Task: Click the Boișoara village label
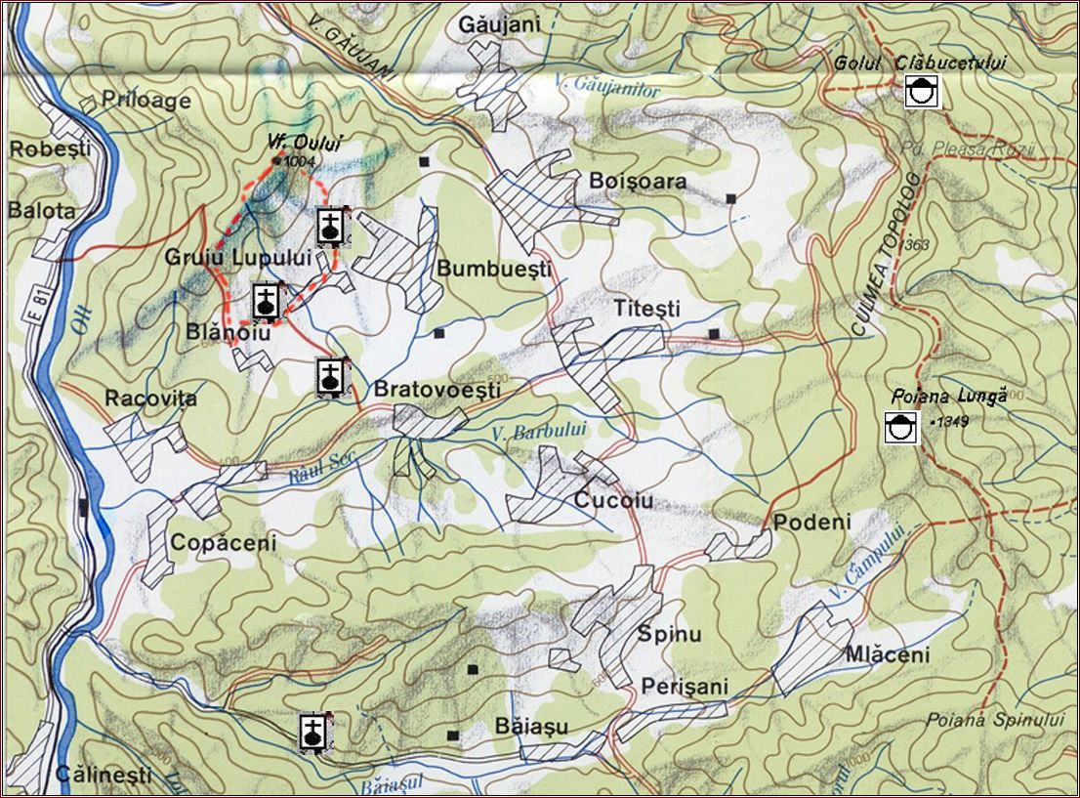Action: [638, 182]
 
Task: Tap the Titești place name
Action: [646, 308]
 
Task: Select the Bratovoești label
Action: [436, 390]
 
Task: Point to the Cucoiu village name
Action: [613, 501]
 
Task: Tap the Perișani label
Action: [685, 687]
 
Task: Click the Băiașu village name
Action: [531, 727]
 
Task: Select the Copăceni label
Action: [224, 542]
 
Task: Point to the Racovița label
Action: [150, 399]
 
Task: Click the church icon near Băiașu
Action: [313, 732]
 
